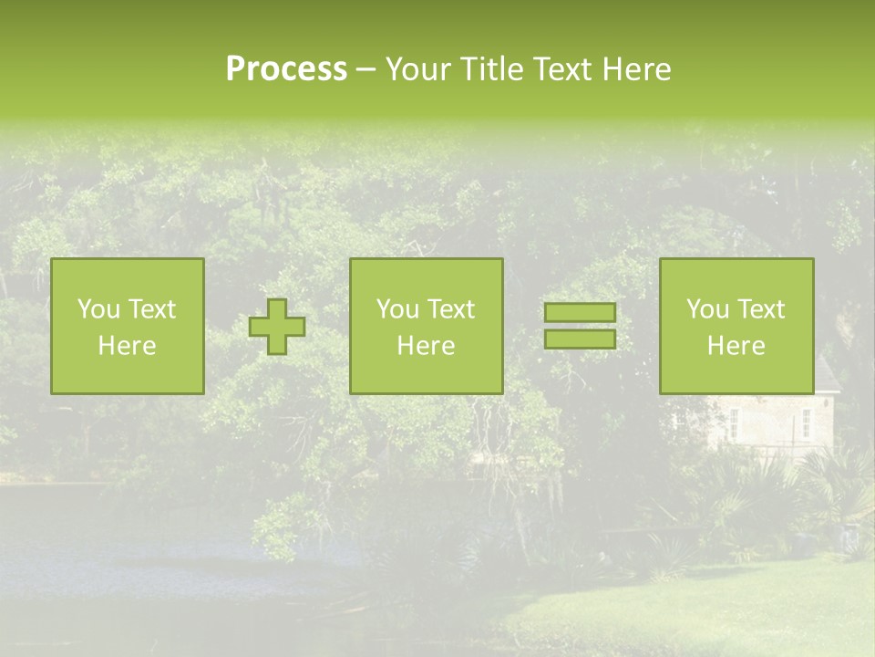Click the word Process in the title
click(286, 69)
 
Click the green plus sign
click(277, 327)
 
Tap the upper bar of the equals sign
click(580, 312)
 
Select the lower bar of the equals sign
click(580, 339)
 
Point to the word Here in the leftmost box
click(128, 346)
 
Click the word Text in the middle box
click(450, 309)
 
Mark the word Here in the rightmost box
click(736, 346)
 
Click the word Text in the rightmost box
click(760, 309)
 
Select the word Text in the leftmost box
click(151, 309)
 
